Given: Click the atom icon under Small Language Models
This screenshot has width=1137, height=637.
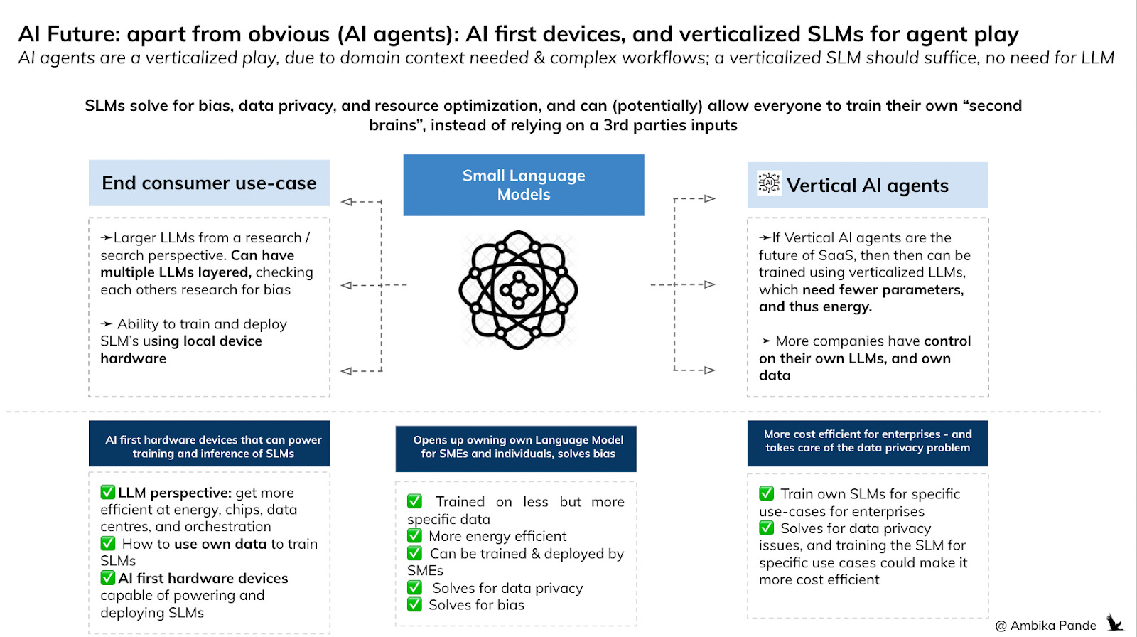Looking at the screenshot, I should [x=518, y=289].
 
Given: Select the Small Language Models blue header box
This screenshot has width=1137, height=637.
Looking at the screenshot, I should [x=524, y=185].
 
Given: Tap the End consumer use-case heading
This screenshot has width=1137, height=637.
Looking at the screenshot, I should [x=209, y=183].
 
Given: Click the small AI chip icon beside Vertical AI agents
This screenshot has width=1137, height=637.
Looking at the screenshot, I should [x=769, y=183].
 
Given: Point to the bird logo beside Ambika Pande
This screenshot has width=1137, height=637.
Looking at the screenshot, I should [x=1114, y=623].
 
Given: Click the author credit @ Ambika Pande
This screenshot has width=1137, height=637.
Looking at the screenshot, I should [x=1045, y=626].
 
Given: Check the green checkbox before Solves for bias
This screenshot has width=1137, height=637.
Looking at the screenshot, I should [x=414, y=605].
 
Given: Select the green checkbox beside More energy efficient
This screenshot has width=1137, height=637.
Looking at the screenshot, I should [x=414, y=536].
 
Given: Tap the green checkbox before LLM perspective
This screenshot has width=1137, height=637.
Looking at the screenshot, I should [x=108, y=492].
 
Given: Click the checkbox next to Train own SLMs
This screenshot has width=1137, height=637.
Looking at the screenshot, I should [x=766, y=493].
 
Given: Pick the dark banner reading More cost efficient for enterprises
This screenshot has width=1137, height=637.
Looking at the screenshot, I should [x=868, y=441].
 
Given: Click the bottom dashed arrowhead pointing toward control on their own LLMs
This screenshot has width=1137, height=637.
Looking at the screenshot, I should [x=709, y=370].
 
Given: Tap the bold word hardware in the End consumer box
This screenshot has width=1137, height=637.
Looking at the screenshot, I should [x=134, y=359].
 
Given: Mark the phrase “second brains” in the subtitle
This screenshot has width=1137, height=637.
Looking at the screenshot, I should [x=991, y=106].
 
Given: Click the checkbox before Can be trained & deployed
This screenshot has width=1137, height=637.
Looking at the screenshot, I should [x=414, y=553].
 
